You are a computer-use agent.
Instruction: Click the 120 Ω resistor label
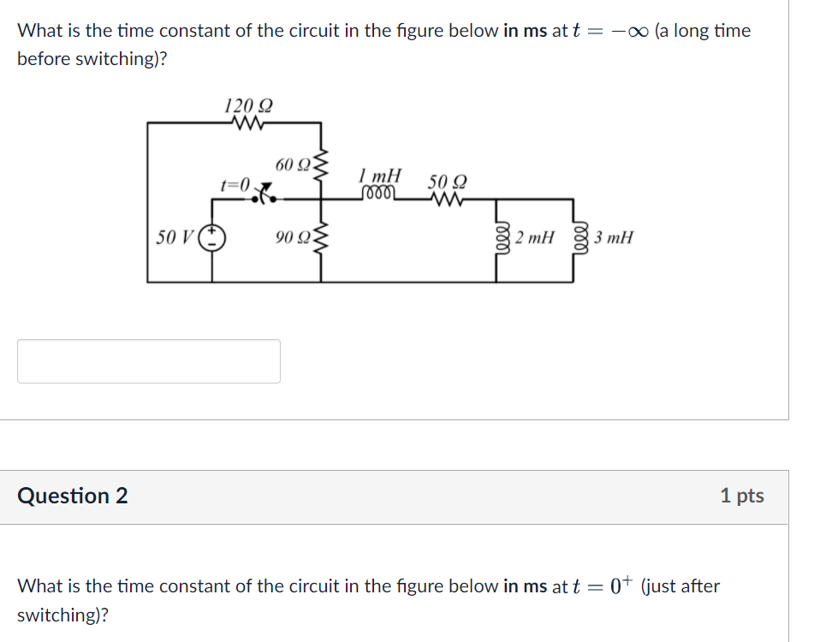click(x=248, y=107)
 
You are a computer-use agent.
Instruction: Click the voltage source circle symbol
click(x=212, y=237)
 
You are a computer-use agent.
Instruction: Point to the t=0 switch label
click(x=235, y=184)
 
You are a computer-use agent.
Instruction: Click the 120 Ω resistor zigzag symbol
click(x=247, y=123)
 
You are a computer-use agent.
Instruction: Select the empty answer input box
click(x=149, y=361)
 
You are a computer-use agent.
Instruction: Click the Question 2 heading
click(x=73, y=496)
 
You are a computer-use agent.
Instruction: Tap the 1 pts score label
click(x=741, y=496)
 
